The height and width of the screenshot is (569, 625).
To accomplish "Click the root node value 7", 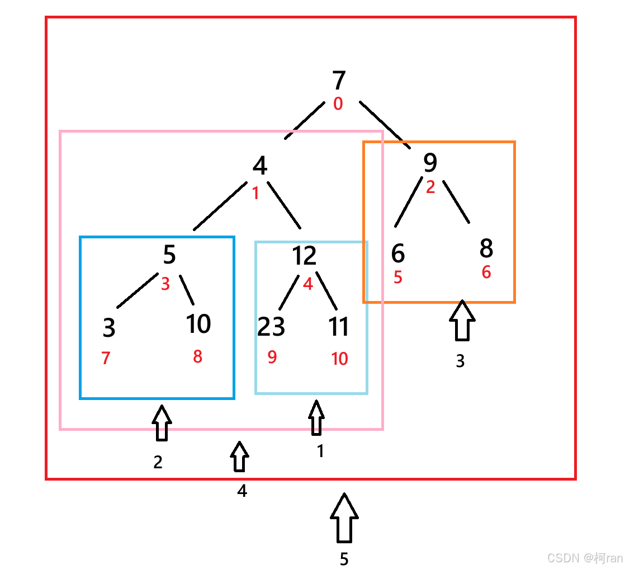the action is pos(339,81).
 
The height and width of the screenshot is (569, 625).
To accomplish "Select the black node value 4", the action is pos(259,166).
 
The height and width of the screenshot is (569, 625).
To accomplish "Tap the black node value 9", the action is pos(430,163).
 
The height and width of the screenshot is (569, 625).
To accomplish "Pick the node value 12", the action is pos(304,256).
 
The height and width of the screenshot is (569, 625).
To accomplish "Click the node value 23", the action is pos(271,327).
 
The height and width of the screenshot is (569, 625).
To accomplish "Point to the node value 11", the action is pos(339,327).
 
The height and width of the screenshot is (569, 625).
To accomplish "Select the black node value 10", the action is pos(198,324).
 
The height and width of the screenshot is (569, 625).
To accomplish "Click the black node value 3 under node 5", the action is pos(109,328).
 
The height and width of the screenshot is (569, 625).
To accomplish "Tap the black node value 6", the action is pos(397,254).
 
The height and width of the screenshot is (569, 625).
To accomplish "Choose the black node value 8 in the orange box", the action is pos(486,248).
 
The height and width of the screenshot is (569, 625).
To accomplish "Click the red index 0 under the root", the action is pos(338,104).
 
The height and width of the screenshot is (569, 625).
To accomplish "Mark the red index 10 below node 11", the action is pos(339,359).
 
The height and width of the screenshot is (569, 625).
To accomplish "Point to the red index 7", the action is pos(106,358).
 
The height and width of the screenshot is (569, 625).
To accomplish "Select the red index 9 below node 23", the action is pos(272,357).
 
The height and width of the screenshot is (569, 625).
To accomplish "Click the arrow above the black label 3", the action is pos(462,321).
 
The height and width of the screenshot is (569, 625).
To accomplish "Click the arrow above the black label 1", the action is pos(316,417).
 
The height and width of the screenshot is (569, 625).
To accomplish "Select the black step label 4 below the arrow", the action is pos(242,491).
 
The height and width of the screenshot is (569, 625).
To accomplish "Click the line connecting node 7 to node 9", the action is pos(385,125).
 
